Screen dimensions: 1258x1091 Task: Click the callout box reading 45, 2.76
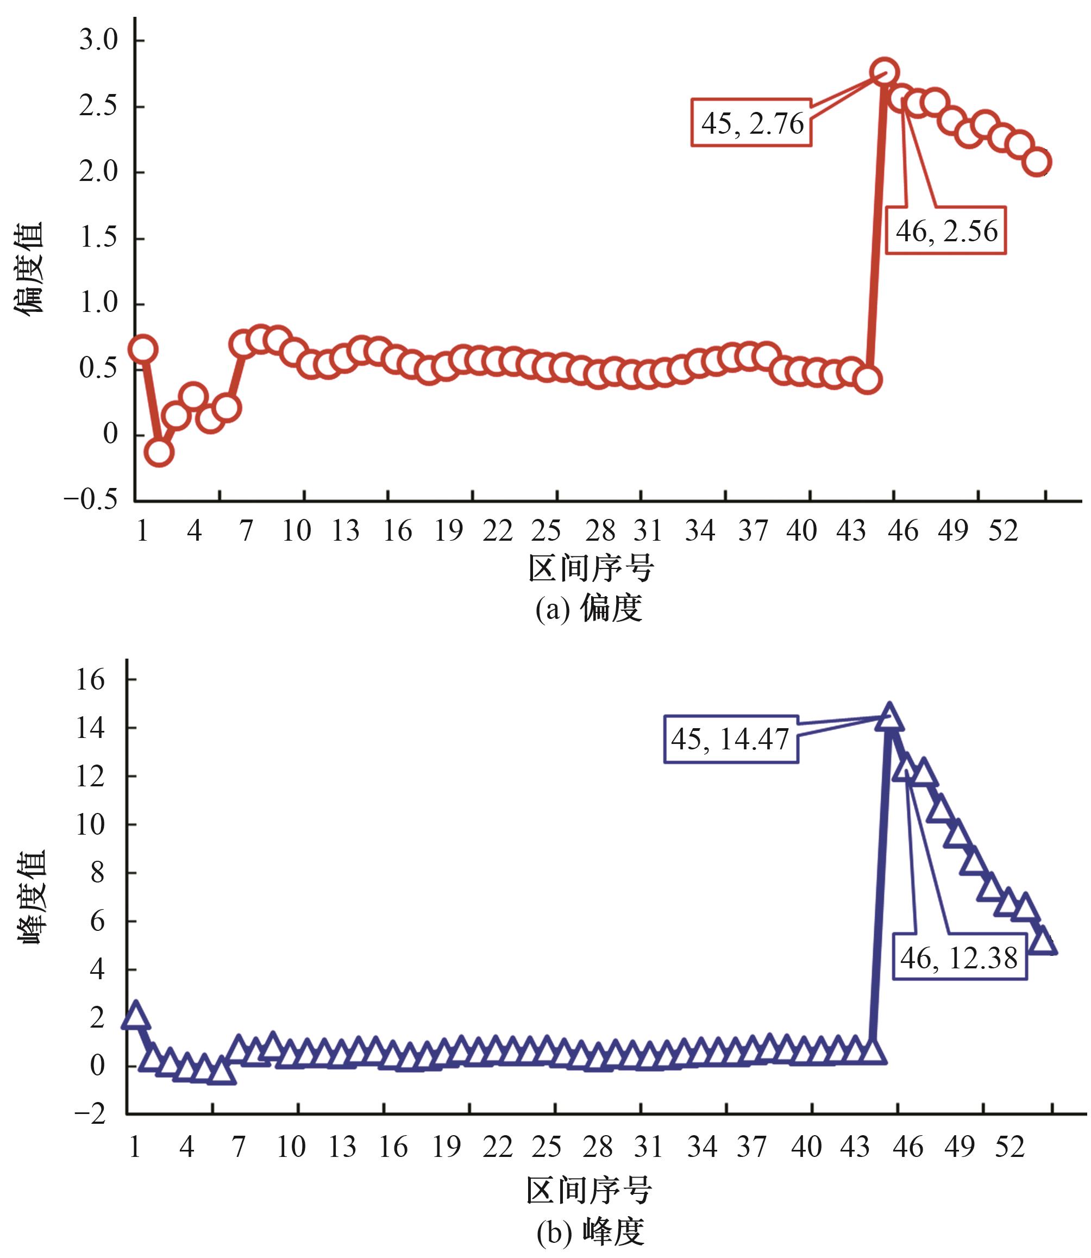click(x=751, y=123)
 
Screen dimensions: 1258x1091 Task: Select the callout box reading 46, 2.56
click(x=945, y=231)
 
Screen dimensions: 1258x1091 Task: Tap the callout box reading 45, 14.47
click(x=731, y=738)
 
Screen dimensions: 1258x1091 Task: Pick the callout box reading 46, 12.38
click(x=960, y=959)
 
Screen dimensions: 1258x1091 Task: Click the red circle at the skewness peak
click(x=884, y=72)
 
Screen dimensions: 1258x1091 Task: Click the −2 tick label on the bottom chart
click(x=90, y=1115)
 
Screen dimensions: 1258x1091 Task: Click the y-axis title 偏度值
click(x=29, y=268)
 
